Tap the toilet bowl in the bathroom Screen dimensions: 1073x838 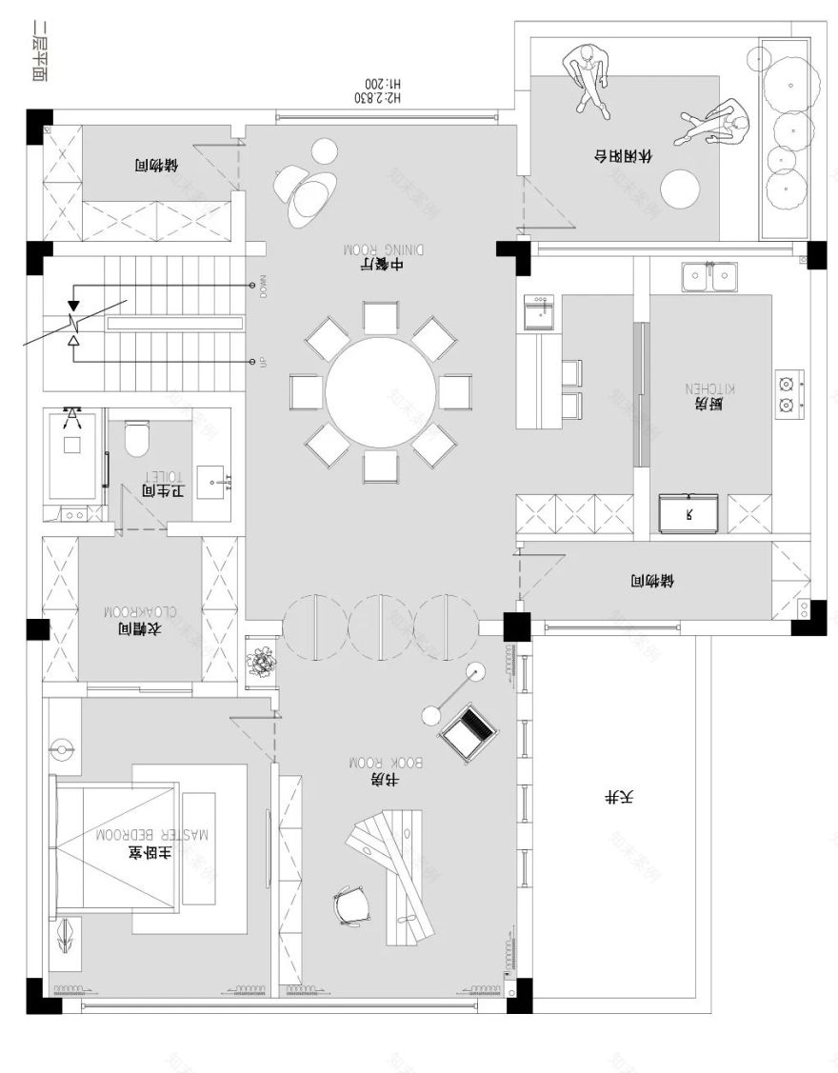tap(139, 438)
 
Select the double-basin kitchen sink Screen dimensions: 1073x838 tap(709, 277)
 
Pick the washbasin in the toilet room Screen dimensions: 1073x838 tap(215, 484)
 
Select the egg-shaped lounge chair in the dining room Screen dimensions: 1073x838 tap(306, 190)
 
